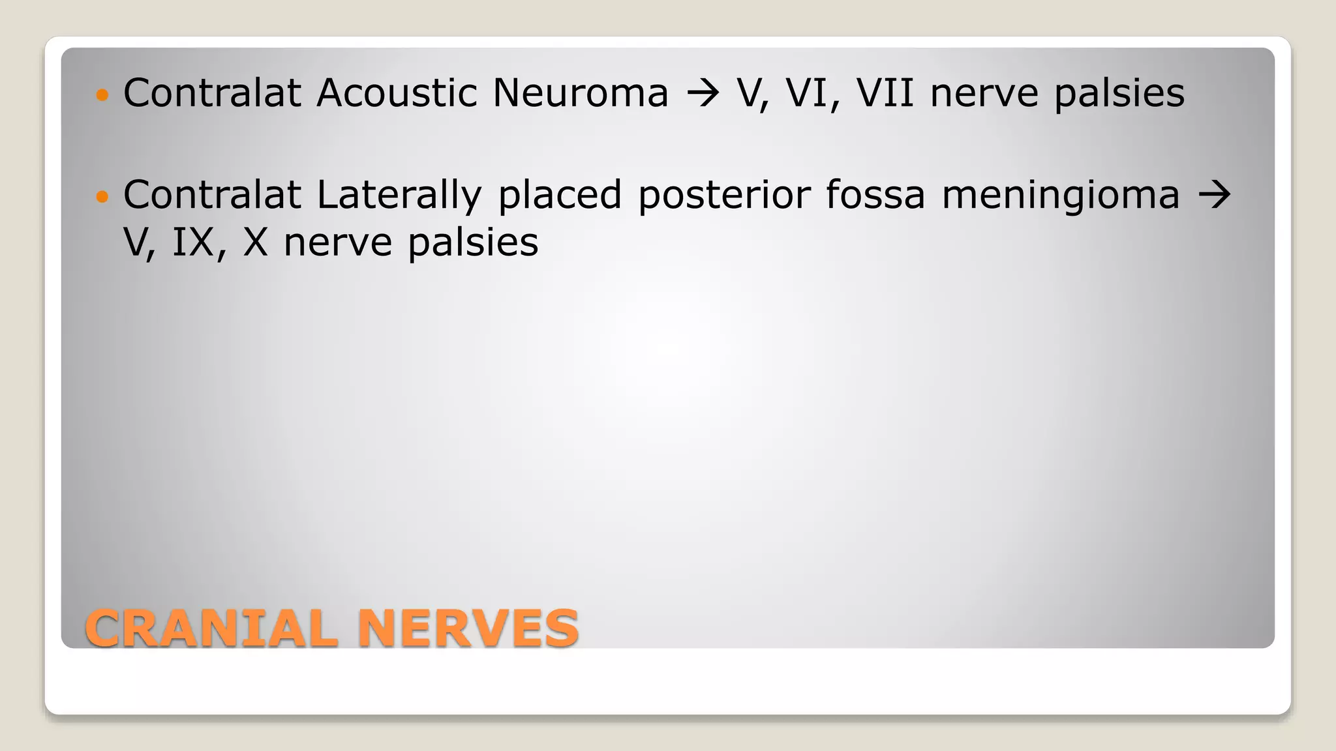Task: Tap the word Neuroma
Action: (x=580, y=93)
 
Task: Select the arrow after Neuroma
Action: (x=702, y=94)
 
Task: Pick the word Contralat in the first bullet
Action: (x=212, y=93)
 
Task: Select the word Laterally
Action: (x=399, y=195)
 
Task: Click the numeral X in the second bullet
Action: (x=255, y=243)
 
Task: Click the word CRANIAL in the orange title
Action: (x=211, y=628)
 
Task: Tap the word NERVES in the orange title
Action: (x=468, y=628)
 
